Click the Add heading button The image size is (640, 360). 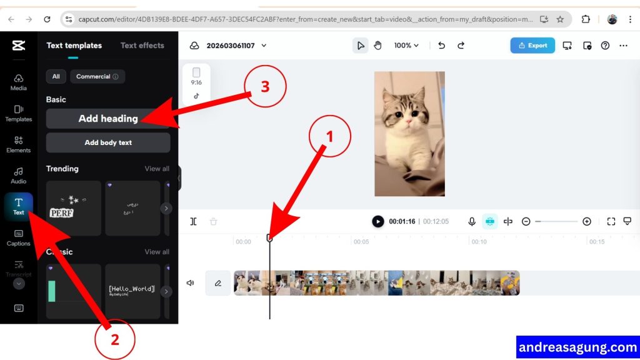[x=108, y=119]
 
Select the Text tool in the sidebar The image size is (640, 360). [x=19, y=206]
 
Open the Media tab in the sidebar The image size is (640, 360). [x=19, y=82]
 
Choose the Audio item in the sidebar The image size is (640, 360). [x=19, y=176]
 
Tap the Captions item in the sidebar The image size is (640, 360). [x=19, y=237]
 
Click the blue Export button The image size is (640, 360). [x=532, y=46]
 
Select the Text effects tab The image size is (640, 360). [x=142, y=46]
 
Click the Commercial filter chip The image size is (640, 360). [x=97, y=77]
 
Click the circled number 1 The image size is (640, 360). [x=331, y=136]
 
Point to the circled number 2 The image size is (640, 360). [x=114, y=339]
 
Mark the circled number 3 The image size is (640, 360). [x=265, y=87]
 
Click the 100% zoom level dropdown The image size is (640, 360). [x=406, y=46]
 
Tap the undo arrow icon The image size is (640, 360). [x=441, y=46]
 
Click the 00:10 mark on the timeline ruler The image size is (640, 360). [x=479, y=242]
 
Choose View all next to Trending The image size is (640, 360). [x=157, y=169]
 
